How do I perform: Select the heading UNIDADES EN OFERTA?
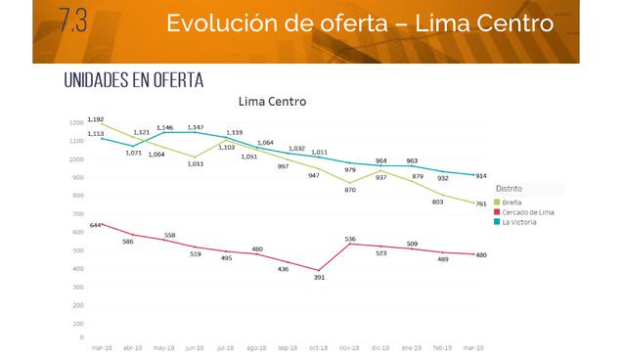[133, 79]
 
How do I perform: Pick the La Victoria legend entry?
[523, 222]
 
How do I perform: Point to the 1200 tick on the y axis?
[76, 123]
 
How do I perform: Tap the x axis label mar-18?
[100, 347]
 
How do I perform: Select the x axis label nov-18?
[351, 347]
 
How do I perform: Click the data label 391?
[318, 278]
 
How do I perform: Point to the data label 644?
[96, 225]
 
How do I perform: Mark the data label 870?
[350, 189]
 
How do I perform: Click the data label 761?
[481, 203]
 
